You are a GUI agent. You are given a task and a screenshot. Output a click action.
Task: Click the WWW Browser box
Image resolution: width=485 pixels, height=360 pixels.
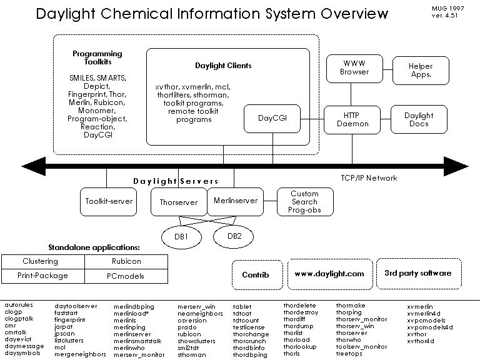pyautogui.click(x=354, y=67)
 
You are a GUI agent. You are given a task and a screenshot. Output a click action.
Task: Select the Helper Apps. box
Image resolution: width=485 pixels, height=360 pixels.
pyautogui.click(x=420, y=70)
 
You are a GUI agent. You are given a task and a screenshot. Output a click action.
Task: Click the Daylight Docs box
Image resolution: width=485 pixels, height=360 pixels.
pyautogui.click(x=418, y=119)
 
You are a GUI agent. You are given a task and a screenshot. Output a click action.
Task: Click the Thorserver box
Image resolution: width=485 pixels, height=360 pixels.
pyautogui.click(x=178, y=202)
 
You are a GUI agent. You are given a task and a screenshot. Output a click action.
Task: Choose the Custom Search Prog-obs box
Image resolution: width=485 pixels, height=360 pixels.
pyautogui.click(x=304, y=201)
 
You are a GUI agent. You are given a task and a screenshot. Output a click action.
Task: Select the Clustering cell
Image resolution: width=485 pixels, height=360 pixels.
pyautogui.click(x=41, y=261)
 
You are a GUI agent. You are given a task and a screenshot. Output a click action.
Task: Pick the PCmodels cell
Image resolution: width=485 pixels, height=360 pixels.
pyautogui.click(x=126, y=275)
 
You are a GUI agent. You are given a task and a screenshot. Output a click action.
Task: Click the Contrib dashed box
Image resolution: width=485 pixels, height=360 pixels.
pyautogui.click(x=256, y=274)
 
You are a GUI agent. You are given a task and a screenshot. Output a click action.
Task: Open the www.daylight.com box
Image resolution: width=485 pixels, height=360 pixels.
pyautogui.click(x=329, y=274)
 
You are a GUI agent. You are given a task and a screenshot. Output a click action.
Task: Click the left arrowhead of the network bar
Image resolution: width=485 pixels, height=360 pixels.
pyautogui.click(x=31, y=166)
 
